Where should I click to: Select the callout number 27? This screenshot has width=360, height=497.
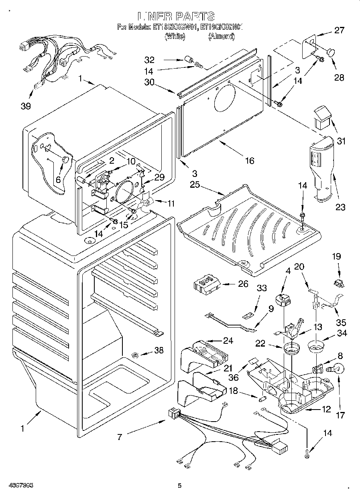(340, 30)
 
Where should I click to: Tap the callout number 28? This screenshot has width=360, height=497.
(339, 77)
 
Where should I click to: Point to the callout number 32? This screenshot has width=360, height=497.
(149, 60)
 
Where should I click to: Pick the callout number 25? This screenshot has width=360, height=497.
(195, 185)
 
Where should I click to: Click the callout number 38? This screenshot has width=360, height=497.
(159, 350)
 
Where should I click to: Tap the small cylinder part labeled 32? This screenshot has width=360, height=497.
(188, 60)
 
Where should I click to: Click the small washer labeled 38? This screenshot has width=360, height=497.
(135, 354)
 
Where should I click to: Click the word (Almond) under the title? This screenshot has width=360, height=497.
(221, 37)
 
